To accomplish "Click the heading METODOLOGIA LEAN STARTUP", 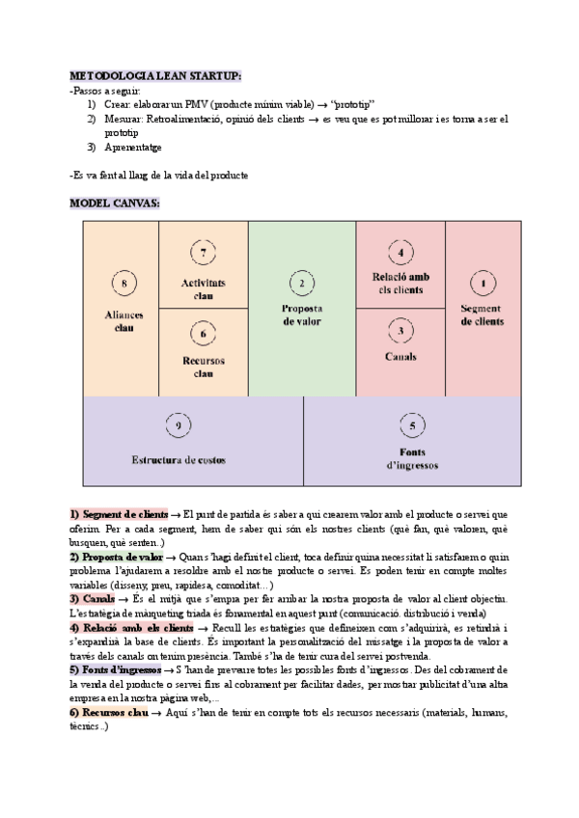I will (155, 75).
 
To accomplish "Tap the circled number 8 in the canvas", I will (124, 283).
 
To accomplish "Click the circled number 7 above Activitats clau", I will (203, 252).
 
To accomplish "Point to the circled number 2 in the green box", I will (302, 283).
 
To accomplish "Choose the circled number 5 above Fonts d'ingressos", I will (412, 425).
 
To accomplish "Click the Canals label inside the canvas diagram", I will (400, 357).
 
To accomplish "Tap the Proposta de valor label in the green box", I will (302, 315).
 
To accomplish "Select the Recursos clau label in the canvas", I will (204, 367).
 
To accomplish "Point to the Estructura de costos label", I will (179, 460).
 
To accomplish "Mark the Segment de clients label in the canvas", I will (482, 315).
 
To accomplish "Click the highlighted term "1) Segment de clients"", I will (119, 514).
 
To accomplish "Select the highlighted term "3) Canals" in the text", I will (93, 599).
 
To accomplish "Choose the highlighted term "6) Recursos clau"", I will (109, 712).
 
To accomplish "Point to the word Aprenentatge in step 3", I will (133, 147).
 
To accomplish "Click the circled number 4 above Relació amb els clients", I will (400, 253).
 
